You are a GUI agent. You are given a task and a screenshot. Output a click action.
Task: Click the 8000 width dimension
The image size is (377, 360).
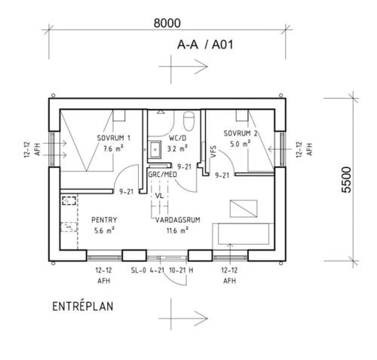pos(167,23)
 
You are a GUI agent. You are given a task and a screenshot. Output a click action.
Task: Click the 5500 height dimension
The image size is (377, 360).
pos(346,179)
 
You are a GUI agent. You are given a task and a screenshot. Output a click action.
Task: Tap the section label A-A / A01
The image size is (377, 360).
pos(205,45)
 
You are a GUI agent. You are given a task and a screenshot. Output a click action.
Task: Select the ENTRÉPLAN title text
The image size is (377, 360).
pos(83,307)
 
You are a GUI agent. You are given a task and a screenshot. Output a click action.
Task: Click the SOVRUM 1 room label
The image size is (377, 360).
pos(114,138)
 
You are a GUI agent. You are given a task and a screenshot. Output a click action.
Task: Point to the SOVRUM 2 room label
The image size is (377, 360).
pos(241,133)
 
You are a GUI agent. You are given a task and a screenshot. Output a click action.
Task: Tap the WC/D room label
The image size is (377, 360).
pos(177,138)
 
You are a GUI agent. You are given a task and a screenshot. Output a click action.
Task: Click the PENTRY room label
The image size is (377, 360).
pos(104,220)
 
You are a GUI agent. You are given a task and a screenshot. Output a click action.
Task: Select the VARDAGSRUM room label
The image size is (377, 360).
pos(178,220)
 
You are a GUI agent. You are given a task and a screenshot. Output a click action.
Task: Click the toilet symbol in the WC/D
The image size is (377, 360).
pos(189,121)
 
